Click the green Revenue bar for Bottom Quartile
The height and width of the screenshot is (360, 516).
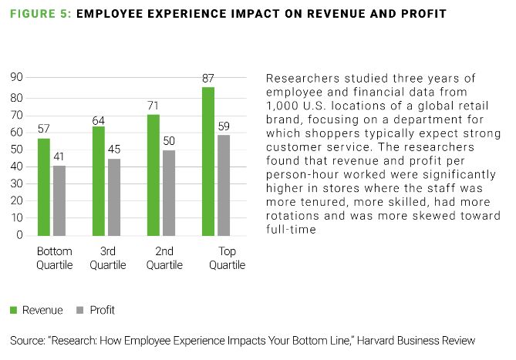[x=43, y=187]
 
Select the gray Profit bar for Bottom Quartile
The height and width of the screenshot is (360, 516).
[x=59, y=200]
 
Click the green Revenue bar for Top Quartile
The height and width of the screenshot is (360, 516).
[x=207, y=161]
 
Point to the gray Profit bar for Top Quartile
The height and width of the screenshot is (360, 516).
[x=224, y=185]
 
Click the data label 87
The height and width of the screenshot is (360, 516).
[x=207, y=79]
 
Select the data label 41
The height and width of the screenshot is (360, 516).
[x=59, y=157]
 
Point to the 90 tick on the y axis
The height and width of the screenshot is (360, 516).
[x=16, y=77]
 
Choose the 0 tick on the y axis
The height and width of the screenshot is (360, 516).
[x=19, y=236]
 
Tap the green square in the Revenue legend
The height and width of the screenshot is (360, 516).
[x=14, y=310]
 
